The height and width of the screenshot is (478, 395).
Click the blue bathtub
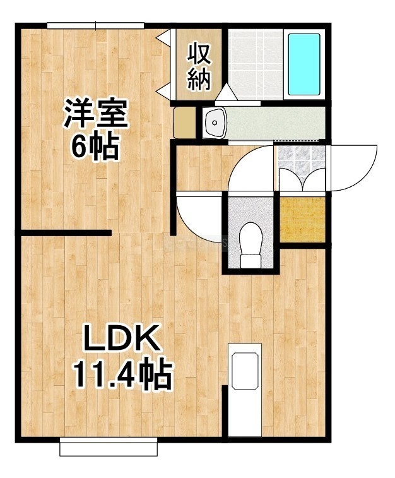click(x=304, y=64)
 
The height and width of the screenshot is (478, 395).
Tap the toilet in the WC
click(x=251, y=245)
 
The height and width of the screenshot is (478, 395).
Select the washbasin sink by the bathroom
click(x=215, y=123)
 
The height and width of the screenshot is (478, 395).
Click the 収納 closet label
click(x=199, y=67)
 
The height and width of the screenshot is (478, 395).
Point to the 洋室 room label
click(x=95, y=113)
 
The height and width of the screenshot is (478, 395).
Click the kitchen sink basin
click(x=245, y=371)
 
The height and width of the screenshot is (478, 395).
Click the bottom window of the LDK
click(x=109, y=446)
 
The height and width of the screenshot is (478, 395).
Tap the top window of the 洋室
click(x=95, y=26)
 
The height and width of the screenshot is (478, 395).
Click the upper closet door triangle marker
click(x=163, y=37)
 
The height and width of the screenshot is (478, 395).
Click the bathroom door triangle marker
click(x=226, y=92)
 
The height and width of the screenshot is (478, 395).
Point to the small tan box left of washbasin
click(x=184, y=122)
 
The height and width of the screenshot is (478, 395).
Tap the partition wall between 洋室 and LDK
click(x=66, y=233)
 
